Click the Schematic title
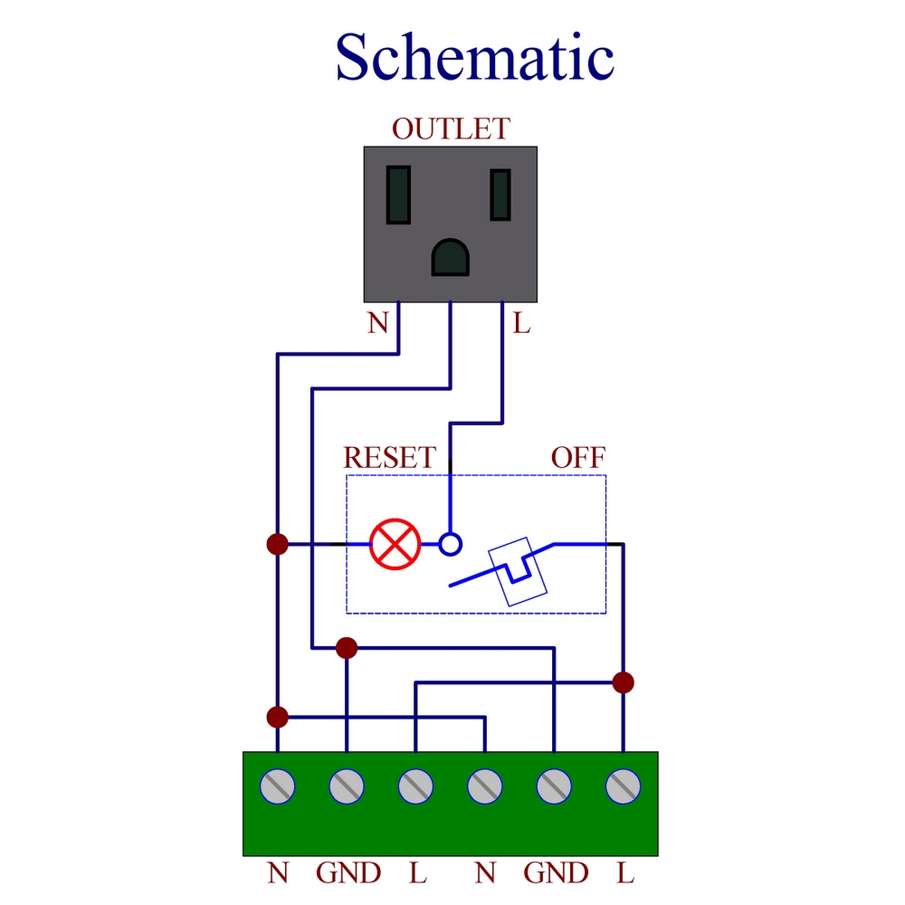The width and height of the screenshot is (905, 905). click(x=474, y=57)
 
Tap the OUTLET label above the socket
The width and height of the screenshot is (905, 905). click(x=450, y=129)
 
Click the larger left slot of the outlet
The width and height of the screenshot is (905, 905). click(x=398, y=195)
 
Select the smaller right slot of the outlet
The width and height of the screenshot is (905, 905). click(x=500, y=195)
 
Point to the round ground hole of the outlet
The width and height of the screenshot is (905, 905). click(x=451, y=258)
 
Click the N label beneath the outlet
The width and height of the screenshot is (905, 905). click(x=377, y=323)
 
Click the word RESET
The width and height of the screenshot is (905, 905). click(x=390, y=457)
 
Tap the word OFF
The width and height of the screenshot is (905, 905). click(x=578, y=457)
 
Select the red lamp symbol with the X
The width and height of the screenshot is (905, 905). click(x=395, y=544)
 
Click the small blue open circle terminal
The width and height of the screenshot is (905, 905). click(x=450, y=544)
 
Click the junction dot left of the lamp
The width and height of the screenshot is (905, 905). click(x=277, y=544)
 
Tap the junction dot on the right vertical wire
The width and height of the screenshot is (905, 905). click(x=623, y=682)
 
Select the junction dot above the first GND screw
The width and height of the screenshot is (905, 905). click(x=347, y=647)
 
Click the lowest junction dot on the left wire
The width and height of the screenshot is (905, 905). click(x=277, y=717)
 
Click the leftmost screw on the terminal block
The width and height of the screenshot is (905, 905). click(x=278, y=786)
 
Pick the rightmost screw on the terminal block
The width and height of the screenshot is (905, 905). click(x=623, y=786)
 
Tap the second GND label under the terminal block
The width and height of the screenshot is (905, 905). click(x=555, y=873)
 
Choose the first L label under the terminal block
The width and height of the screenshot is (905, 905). click(x=416, y=873)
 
